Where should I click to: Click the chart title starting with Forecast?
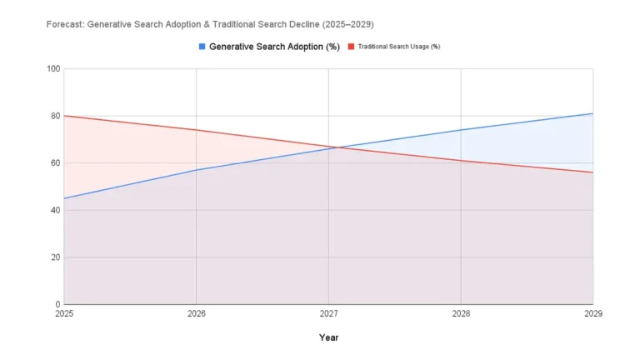[209, 24]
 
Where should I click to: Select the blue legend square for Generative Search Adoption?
[202, 47]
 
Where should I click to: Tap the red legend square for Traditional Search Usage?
[351, 47]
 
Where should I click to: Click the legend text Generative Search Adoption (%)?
[274, 47]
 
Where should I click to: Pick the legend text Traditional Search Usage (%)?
[399, 47]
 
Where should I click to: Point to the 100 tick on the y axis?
[54, 68]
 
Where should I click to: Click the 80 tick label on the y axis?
[56, 116]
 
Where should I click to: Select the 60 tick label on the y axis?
[56, 162]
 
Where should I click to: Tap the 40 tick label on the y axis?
[56, 210]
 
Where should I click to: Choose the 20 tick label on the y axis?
[56, 257]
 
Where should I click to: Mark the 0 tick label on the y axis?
[58, 304]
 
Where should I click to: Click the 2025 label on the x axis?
[64, 314]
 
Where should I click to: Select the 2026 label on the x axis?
[197, 314]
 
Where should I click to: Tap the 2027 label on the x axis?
[328, 314]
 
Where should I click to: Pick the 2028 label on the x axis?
[461, 314]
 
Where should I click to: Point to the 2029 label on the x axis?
[592, 314]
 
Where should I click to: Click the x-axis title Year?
[328, 337]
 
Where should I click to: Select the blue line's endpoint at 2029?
[592, 113]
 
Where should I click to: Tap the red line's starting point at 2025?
[64, 116]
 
